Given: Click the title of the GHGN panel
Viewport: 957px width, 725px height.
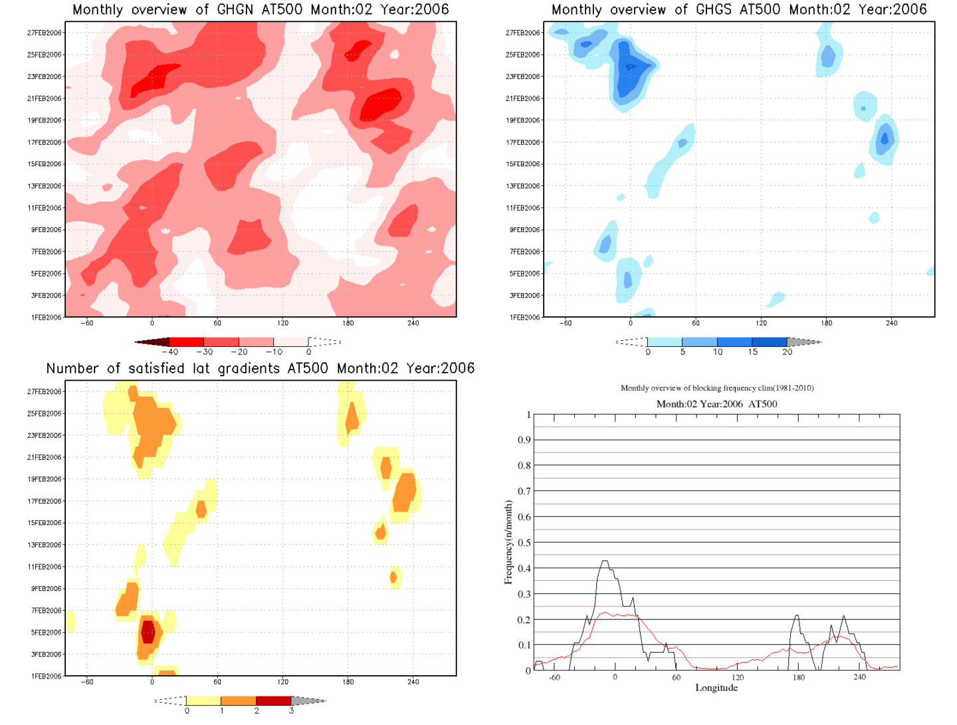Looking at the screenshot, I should (261, 10).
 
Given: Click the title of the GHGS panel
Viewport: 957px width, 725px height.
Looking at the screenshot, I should (739, 10).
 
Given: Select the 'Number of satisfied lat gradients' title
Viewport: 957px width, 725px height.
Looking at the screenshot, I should (261, 369).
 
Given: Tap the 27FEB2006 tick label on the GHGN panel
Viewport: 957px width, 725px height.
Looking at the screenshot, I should (45, 33).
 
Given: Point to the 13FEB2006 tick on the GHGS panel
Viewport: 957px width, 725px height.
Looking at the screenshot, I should (523, 186).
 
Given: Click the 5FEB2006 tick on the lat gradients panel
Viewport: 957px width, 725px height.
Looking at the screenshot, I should (46, 633).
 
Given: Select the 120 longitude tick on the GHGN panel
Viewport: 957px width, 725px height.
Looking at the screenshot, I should (282, 324).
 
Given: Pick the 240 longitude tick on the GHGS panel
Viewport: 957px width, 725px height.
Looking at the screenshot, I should (891, 324).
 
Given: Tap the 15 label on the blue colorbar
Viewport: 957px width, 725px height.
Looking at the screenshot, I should (752, 352).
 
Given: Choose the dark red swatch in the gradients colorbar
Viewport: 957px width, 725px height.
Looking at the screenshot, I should (273, 700).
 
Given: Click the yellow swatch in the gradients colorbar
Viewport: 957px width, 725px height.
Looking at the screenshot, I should (203, 700).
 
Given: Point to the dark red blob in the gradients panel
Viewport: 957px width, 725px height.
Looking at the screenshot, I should (148, 631).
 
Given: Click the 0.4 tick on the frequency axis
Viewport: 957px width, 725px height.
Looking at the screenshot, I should (525, 568).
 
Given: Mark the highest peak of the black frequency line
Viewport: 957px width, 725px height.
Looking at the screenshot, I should (605, 562).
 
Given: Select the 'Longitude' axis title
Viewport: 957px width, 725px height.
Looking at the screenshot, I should (716, 688).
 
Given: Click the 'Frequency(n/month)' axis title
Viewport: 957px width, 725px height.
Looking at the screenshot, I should (508, 542).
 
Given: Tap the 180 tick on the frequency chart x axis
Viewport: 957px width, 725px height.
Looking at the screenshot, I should (798, 678).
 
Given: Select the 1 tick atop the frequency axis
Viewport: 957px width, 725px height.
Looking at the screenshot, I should (528, 415).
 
